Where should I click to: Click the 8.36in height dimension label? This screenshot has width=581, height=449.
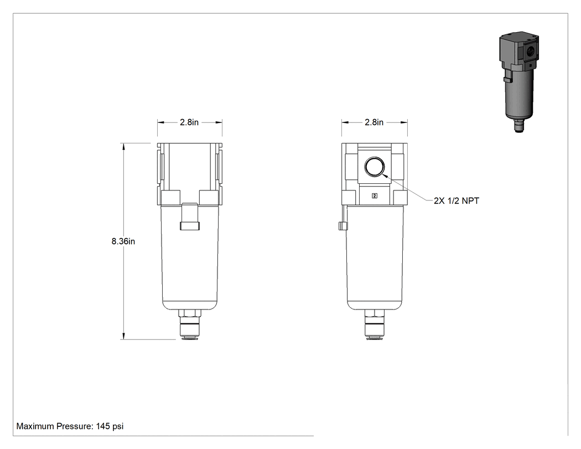tap(123, 241)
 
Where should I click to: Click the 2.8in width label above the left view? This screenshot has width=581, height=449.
tap(189, 122)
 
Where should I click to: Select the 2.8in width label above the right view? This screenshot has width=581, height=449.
tap(374, 122)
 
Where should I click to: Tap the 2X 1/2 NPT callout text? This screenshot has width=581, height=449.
tap(456, 200)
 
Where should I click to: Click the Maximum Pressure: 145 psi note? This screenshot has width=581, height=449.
tap(70, 426)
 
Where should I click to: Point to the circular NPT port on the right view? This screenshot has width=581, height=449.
tap(374, 167)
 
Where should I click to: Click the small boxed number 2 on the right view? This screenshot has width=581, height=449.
tap(375, 196)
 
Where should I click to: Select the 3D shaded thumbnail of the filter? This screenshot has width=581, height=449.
tap(518, 81)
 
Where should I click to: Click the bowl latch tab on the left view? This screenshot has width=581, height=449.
tap(190, 216)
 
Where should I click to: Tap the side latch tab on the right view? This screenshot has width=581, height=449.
tap(343, 226)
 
